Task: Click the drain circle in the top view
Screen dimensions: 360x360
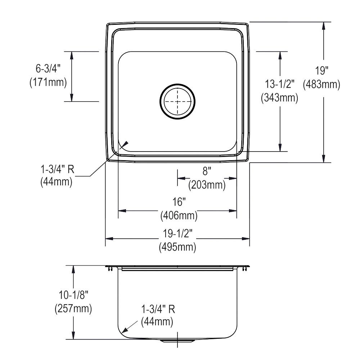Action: point(177,102)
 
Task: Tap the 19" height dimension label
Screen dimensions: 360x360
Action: point(321,70)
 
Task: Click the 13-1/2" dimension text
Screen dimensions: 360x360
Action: point(279,84)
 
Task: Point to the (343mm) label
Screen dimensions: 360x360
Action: point(279,98)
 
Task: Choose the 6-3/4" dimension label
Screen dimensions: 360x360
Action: point(48,68)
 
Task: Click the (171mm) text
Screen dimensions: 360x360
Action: point(48,82)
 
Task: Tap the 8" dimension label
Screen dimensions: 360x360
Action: point(207,171)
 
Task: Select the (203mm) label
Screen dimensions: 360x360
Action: point(207,185)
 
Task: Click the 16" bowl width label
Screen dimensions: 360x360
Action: point(179,202)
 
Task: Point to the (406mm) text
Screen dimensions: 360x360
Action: point(179,216)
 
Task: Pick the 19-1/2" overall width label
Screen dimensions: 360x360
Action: point(177,234)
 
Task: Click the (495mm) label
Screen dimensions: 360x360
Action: point(177,247)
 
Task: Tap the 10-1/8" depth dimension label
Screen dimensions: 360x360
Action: point(73,295)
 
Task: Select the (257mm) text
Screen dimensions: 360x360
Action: point(73,309)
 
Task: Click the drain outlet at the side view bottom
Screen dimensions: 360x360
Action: point(177,341)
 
